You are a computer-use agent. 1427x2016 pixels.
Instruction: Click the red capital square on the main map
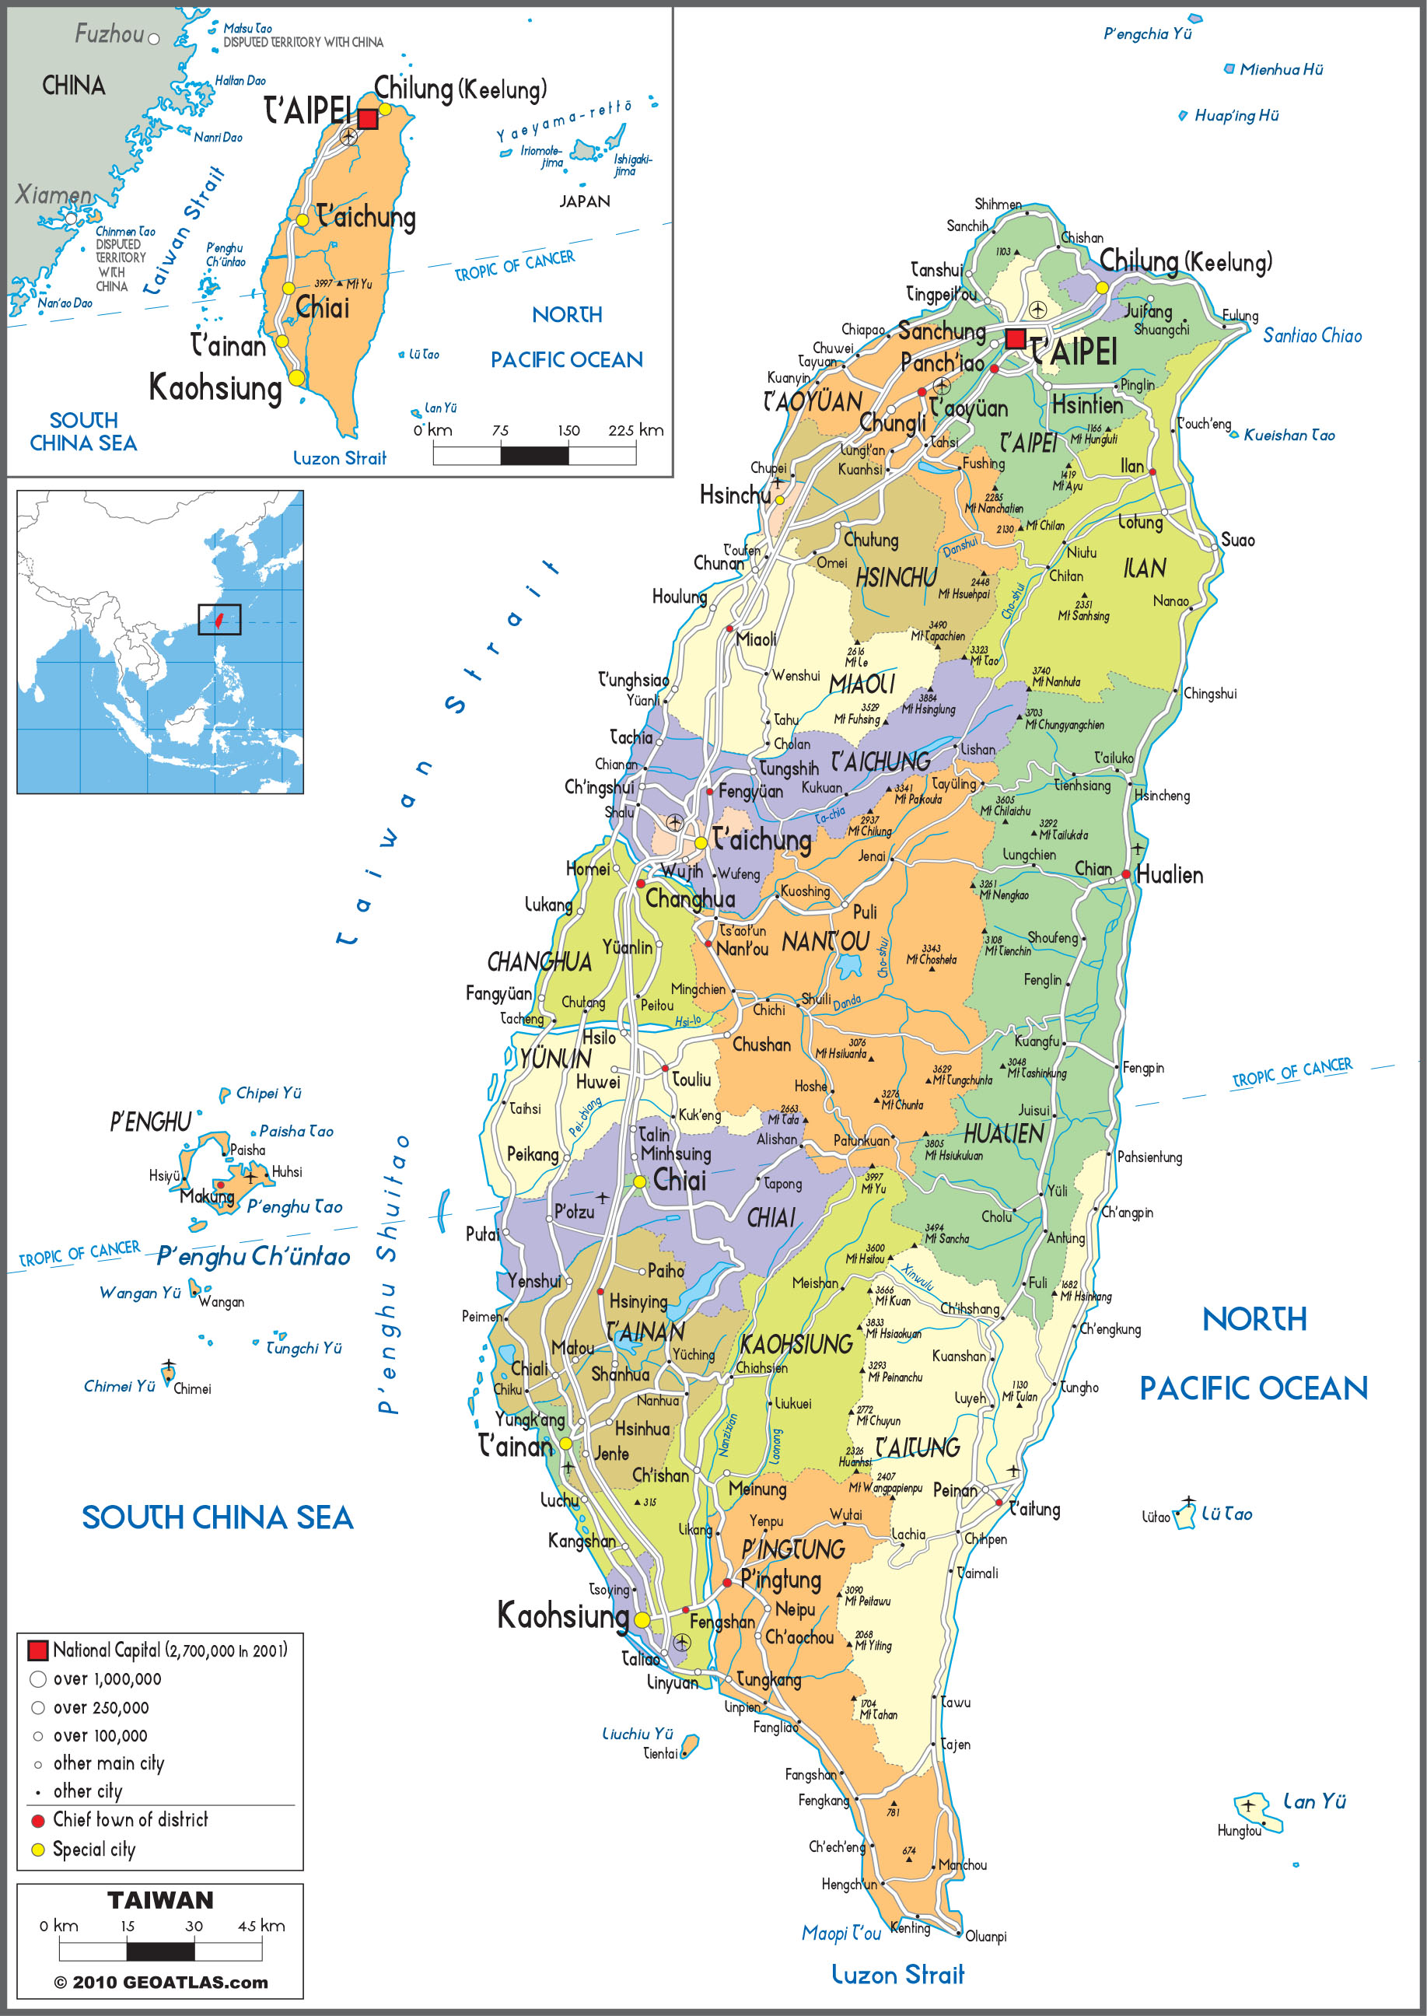1015,338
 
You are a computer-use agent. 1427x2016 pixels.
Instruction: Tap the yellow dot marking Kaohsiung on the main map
642,1619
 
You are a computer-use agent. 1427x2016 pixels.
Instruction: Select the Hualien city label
1170,874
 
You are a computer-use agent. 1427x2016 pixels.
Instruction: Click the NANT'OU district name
825,942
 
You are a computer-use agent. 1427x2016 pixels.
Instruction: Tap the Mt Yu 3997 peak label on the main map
873,1183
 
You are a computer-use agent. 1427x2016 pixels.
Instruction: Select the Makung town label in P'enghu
207,1196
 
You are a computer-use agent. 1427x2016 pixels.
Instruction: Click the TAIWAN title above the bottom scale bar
160,1901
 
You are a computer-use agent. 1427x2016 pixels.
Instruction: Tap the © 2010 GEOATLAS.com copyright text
161,1983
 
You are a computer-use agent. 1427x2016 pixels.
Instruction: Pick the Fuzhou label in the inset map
109,34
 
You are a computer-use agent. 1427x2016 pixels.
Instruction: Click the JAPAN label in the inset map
584,201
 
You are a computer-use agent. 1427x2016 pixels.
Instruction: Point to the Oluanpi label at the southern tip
985,1936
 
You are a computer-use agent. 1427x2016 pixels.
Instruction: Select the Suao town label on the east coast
1237,540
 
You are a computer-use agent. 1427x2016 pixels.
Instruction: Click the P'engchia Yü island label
1147,33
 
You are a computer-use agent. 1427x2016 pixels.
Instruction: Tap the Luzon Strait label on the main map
897,1976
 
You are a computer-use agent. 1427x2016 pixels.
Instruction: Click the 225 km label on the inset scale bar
635,430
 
